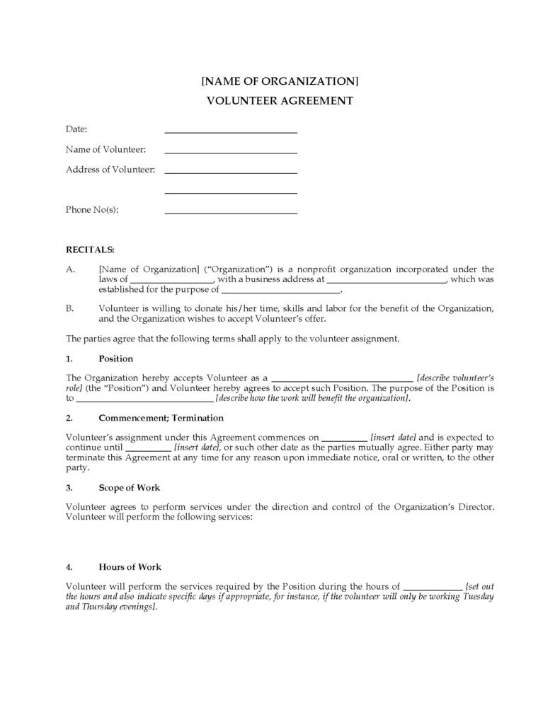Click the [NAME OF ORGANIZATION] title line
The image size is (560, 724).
280,81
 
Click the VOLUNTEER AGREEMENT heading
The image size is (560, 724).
280,100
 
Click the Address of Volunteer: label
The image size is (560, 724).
110,170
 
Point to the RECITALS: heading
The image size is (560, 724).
90,250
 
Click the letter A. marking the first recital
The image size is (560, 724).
69,269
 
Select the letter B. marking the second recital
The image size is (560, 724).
69,308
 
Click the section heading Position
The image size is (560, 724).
116,358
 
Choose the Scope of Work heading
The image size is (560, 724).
130,488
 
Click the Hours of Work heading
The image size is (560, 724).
130,567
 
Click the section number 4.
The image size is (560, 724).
69,567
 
